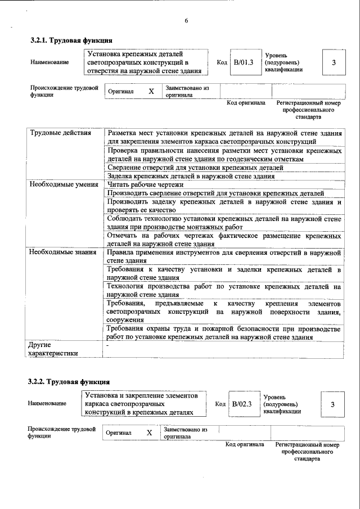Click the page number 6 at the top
point(186,21)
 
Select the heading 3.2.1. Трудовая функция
point(71,40)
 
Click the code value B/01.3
point(244,62)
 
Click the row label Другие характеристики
point(53,348)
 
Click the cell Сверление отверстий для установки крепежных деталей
point(195,168)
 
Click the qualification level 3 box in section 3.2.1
point(334,62)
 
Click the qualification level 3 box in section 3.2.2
point(332,404)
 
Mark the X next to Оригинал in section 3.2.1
point(151,91)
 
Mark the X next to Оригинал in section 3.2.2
point(150,433)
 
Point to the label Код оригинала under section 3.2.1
point(246,103)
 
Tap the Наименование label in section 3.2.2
point(47,403)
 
